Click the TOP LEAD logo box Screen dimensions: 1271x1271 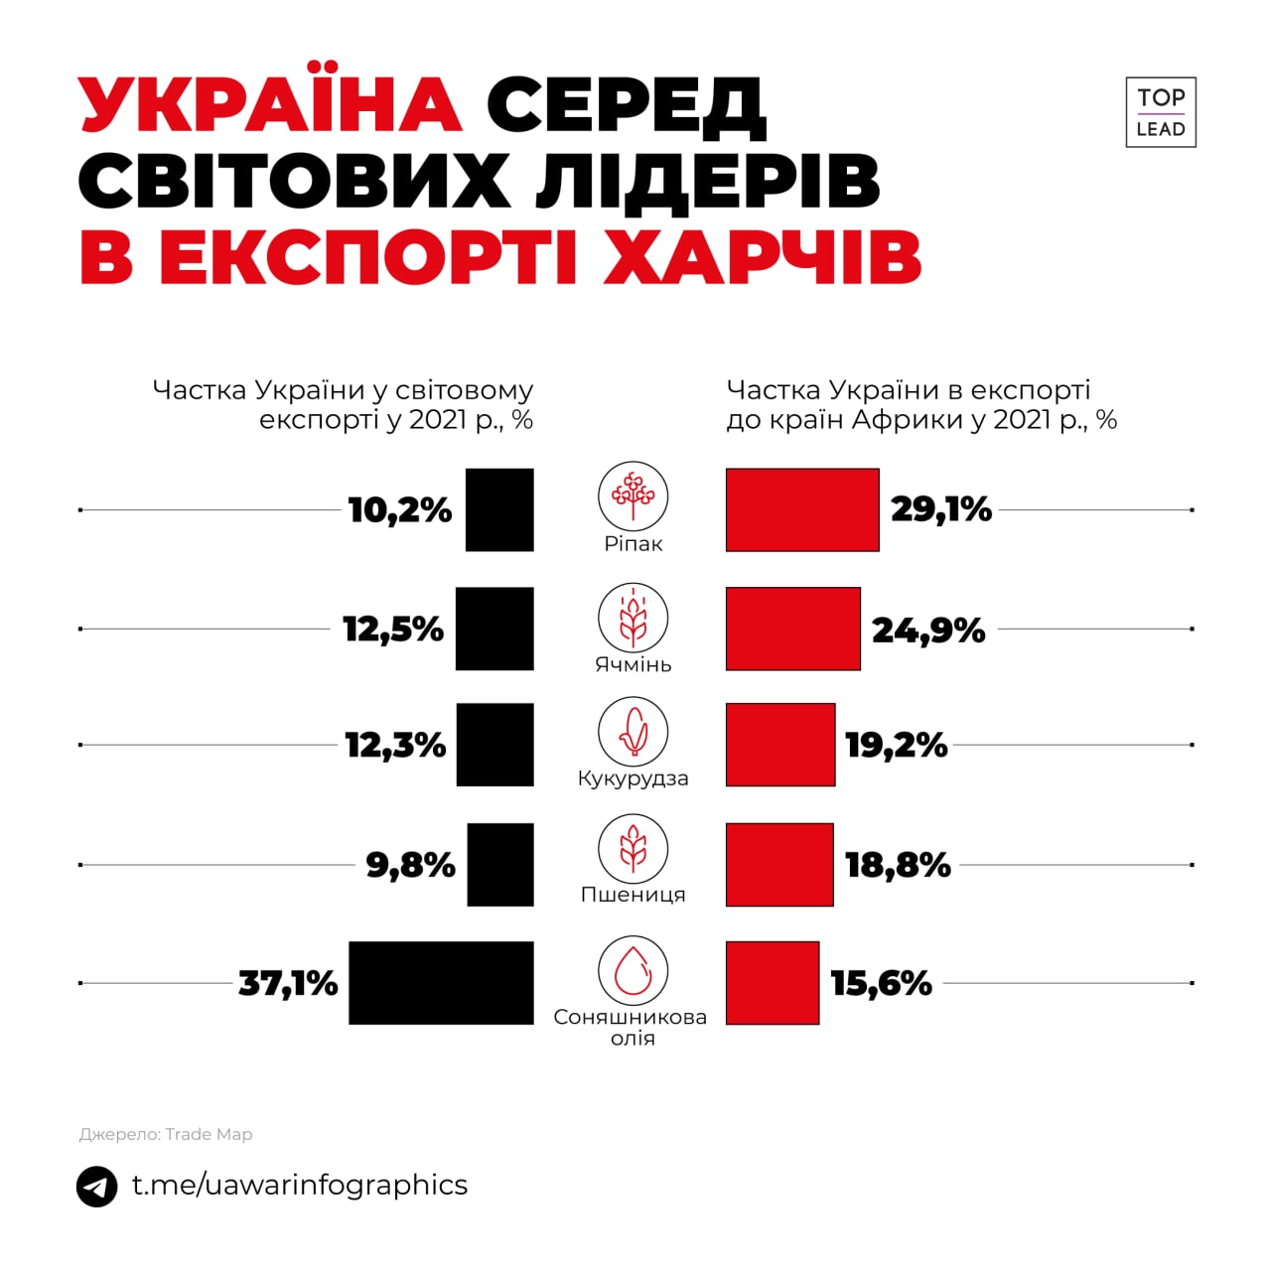[1161, 112]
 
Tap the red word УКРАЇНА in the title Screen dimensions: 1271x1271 [270, 103]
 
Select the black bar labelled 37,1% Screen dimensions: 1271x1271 [441, 983]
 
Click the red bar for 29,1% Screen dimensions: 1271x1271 [802, 509]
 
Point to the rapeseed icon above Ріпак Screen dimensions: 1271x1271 [633, 495]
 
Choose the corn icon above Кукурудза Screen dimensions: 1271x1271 [633, 732]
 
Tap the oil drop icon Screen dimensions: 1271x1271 [633, 970]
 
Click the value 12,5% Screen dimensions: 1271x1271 [393, 630]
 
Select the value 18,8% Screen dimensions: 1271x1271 [898, 865]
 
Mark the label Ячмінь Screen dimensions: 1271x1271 [634, 664]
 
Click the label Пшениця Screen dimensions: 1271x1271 [634, 895]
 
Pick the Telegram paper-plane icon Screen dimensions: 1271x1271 [96, 1187]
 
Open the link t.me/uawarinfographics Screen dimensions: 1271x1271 [300, 1185]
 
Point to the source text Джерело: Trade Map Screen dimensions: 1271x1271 [166, 1134]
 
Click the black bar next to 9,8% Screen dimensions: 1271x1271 [499, 865]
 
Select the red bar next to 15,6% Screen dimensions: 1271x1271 [773, 983]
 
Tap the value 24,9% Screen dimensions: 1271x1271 [928, 630]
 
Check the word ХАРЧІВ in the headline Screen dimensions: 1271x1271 [763, 257]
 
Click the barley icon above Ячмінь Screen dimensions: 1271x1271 [633, 617]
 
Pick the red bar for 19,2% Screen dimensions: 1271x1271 [780, 745]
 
